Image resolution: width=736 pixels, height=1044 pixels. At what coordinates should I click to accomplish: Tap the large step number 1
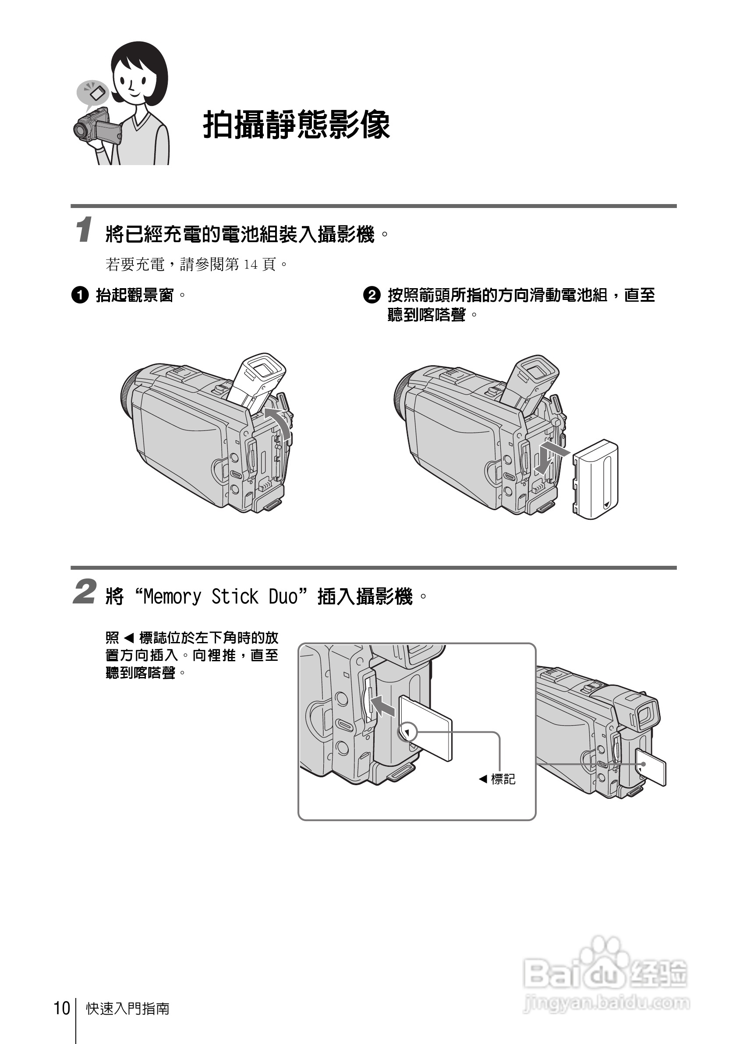click(84, 230)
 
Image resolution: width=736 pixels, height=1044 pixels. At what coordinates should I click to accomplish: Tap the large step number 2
click(85, 592)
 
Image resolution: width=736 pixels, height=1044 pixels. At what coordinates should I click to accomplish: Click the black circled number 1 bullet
click(80, 296)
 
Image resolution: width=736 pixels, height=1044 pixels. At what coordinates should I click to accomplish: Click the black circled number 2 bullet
click(371, 296)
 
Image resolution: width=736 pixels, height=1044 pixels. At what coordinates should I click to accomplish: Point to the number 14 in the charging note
click(251, 264)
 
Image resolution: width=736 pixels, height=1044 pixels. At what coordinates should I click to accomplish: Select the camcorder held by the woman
click(97, 127)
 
